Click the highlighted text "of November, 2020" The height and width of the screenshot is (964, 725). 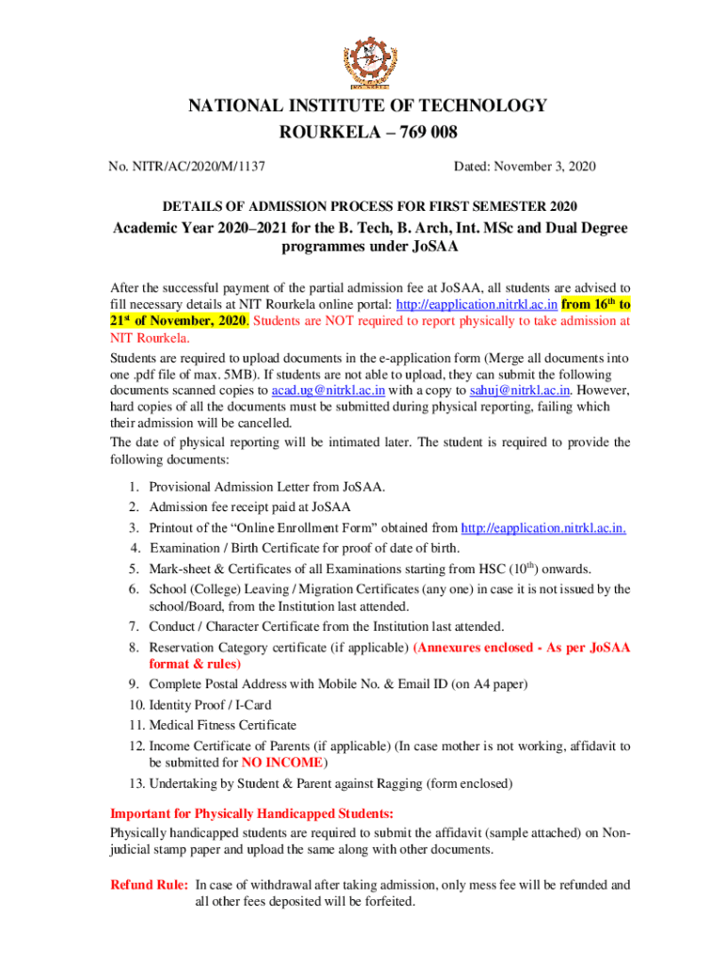[x=193, y=321]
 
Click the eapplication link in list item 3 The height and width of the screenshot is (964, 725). [x=544, y=528]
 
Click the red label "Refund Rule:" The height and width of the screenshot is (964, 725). [x=149, y=885]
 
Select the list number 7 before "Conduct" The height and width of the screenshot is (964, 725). [x=136, y=626]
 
